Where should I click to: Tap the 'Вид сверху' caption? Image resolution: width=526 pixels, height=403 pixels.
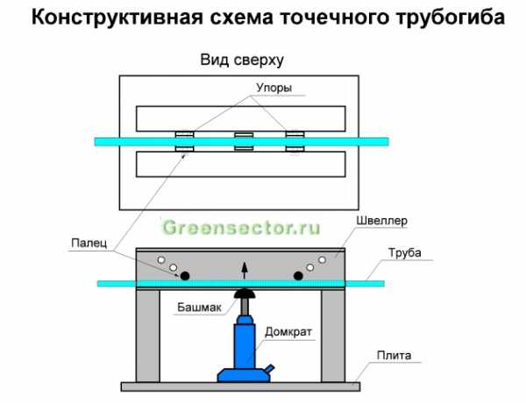coord(243,60)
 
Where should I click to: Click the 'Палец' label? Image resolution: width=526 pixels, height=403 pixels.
coord(90,247)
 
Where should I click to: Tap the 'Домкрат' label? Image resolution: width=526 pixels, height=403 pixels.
coord(290,333)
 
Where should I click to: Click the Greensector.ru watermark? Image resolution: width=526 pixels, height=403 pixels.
coord(241,229)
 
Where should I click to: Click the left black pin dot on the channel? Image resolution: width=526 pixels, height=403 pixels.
coord(186,276)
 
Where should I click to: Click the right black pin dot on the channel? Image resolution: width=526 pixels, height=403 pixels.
coord(298,276)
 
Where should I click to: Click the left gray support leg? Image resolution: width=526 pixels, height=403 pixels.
coord(147,336)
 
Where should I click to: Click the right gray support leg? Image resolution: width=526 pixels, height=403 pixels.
coord(332,336)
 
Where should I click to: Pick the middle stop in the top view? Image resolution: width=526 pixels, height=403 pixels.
coord(243,141)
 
